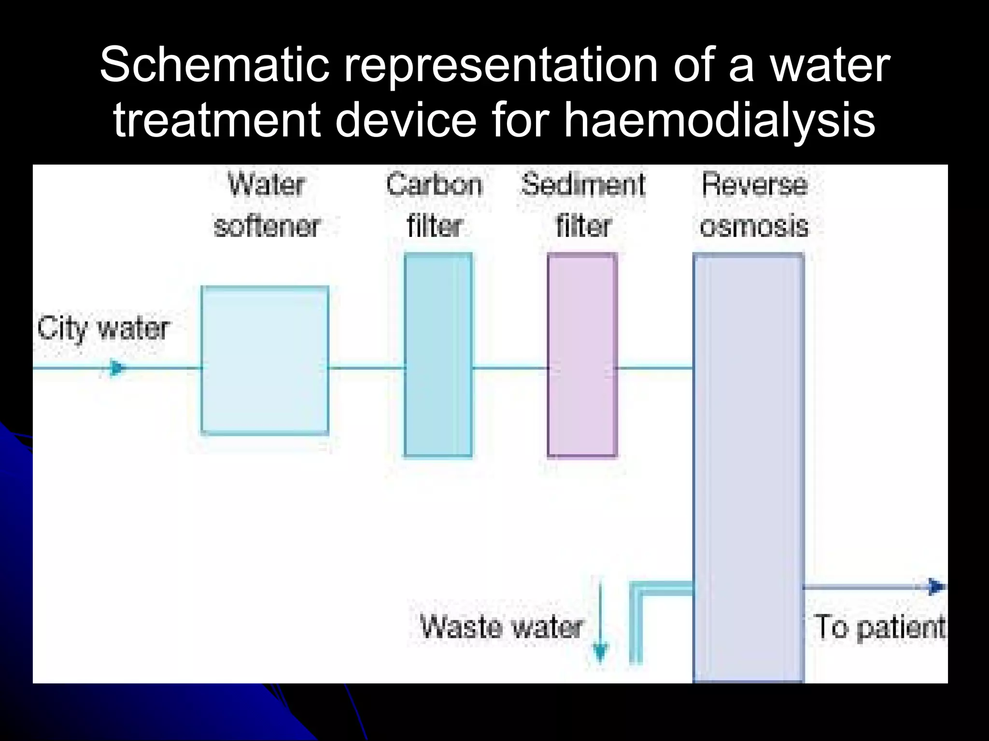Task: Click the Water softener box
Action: tap(265, 360)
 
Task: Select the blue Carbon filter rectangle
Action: tap(438, 355)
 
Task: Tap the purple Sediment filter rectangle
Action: tap(582, 355)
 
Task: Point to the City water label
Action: tap(103, 329)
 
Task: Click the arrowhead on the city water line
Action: tap(116, 369)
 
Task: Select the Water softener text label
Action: tap(267, 205)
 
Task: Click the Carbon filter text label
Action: tap(435, 205)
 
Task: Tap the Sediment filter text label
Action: tap(583, 205)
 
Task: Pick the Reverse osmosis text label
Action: tap(754, 205)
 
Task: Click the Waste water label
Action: tap(501, 627)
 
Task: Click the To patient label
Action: tap(879, 627)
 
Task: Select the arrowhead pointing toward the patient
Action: tap(936, 587)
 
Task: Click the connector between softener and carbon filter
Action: tap(367, 368)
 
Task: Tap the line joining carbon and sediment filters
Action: tap(510, 368)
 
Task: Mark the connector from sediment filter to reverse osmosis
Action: tap(655, 368)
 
